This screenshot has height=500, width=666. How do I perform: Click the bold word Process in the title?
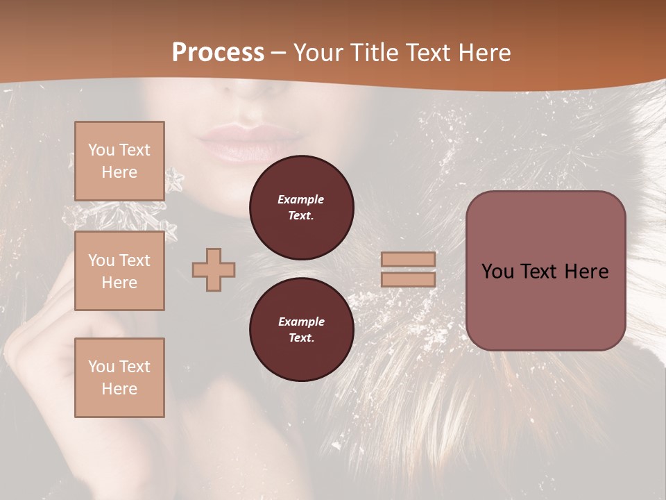click(218, 53)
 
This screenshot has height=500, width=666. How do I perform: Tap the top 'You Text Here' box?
click(119, 161)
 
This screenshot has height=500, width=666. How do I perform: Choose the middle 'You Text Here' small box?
click(119, 271)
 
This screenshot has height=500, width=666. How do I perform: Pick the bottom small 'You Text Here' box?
click(119, 378)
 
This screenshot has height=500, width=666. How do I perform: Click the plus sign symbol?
click(214, 269)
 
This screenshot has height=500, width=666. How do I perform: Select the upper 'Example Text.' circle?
click(301, 207)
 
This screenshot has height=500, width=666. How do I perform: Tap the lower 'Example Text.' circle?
click(301, 329)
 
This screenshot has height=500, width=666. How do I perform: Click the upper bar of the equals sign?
click(408, 259)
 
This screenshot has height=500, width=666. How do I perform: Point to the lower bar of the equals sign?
click(408, 279)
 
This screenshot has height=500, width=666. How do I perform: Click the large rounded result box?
click(545, 271)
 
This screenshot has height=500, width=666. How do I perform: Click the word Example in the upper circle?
click(301, 199)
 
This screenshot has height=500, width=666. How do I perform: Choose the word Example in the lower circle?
click(301, 322)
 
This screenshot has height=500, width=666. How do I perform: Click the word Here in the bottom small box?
click(119, 389)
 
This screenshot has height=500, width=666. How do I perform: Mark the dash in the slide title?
click(279, 53)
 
